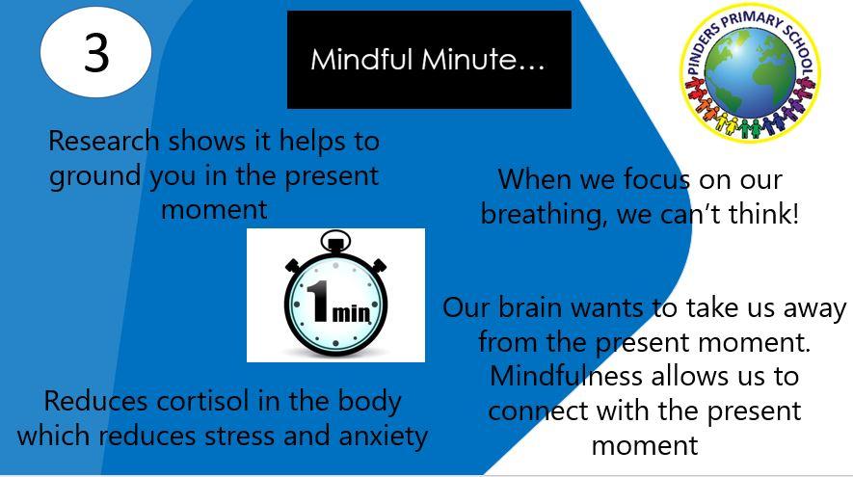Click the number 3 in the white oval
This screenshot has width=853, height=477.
[96, 53]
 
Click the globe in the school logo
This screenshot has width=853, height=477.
[750, 73]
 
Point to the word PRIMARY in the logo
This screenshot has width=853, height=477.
[753, 19]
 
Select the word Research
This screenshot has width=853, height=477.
[103, 141]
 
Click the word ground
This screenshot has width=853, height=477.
[95, 177]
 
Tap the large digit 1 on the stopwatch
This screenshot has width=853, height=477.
[318, 301]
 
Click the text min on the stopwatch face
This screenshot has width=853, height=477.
[351, 313]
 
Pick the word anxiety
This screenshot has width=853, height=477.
[384, 437]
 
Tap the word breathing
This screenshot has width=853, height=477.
[543, 214]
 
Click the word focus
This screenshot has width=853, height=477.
[656, 179]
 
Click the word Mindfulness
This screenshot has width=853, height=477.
[567, 376]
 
